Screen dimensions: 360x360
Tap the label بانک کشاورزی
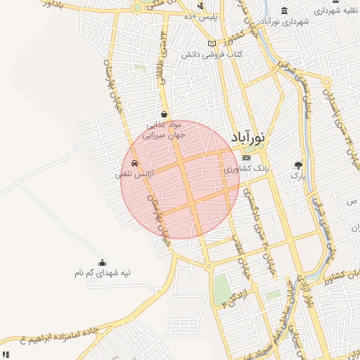(247, 169)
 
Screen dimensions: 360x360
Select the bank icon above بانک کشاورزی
(246, 157)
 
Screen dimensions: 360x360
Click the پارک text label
(300, 175)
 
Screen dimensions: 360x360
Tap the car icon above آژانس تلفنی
(134, 163)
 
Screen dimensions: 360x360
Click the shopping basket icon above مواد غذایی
(164, 114)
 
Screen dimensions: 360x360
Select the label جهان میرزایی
(163, 136)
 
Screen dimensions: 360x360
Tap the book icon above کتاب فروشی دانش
(212, 44)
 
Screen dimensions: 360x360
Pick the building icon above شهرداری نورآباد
(284, 11)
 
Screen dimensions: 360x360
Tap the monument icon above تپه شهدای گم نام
(103, 262)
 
